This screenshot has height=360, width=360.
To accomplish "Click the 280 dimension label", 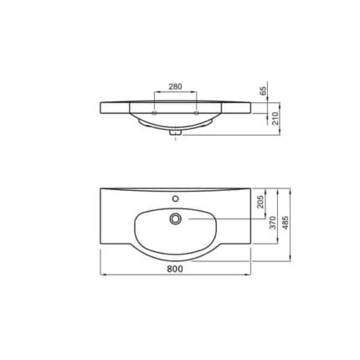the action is click(175, 86).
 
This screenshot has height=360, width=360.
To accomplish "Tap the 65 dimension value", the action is click(264, 91).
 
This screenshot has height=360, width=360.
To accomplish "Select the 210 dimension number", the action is click(275, 118).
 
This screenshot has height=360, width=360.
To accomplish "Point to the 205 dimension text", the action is click(260, 202).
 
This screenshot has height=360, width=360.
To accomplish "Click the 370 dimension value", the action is click(273, 223).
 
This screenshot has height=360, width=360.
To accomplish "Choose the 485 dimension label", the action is click(285, 223).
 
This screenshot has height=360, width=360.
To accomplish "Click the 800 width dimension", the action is click(175, 269).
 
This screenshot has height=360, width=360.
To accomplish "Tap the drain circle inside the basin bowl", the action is click(175, 219).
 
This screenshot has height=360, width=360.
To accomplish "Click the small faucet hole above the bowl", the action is click(175, 198).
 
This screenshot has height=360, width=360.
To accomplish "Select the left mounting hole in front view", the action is click(154, 113).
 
